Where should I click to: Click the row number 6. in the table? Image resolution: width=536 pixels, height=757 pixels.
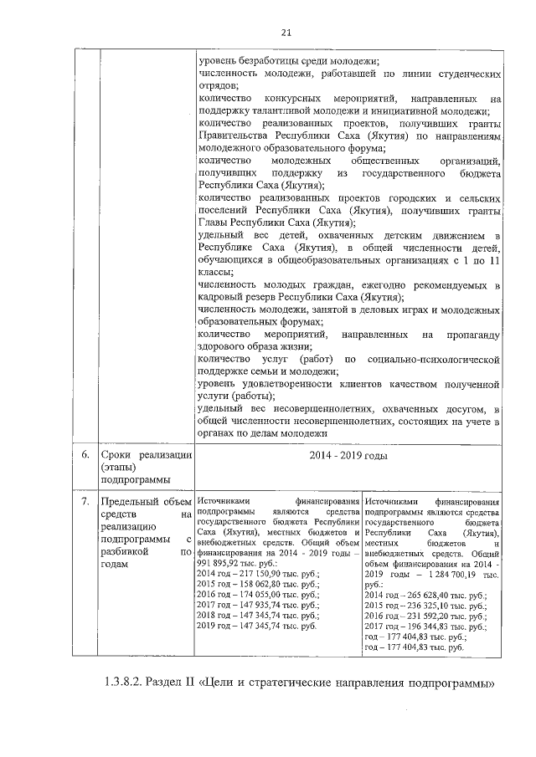(x=85, y=456)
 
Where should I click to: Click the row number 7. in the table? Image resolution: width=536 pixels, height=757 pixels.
(x=85, y=501)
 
